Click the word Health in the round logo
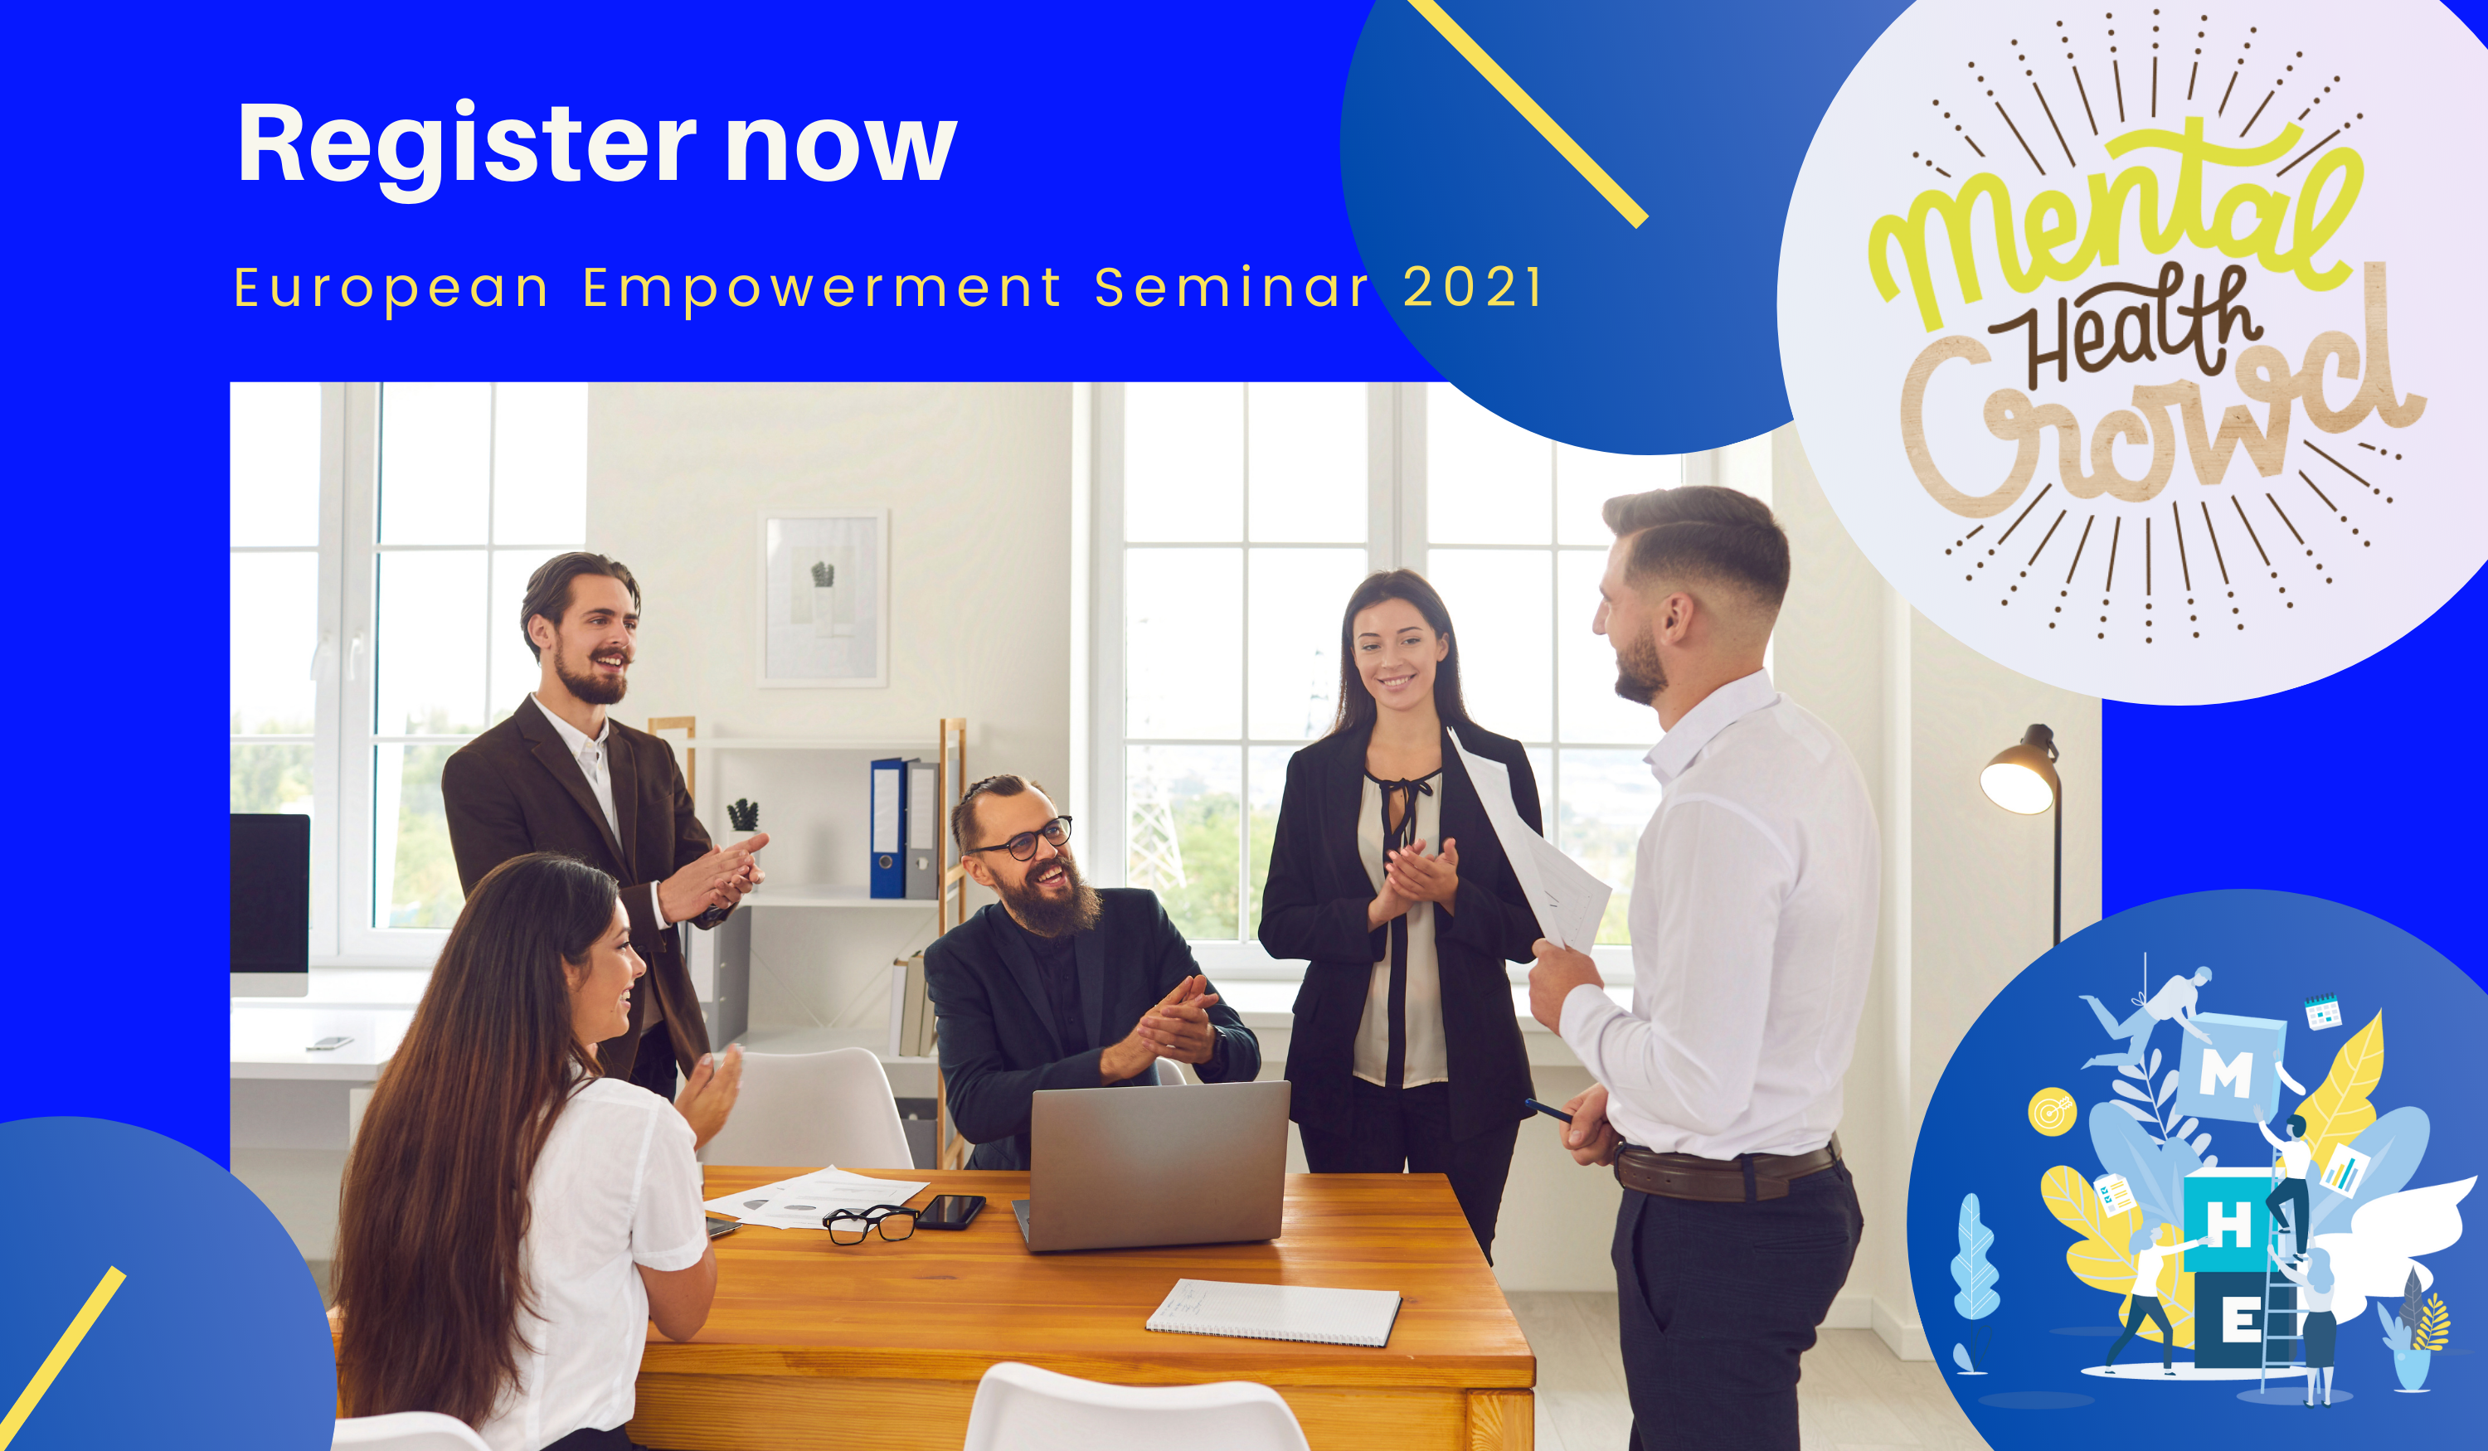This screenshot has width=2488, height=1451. click(x=2123, y=327)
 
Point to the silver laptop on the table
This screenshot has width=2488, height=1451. click(x=1155, y=1166)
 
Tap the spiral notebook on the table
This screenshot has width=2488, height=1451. click(x=1274, y=1312)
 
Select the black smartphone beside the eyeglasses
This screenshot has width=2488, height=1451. click(x=950, y=1211)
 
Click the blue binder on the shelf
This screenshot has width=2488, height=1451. click(x=887, y=828)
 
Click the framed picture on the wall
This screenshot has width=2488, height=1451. click(x=823, y=598)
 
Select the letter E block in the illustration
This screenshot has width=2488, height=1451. click(x=2239, y=1320)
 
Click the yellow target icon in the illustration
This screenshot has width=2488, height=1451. click(x=2052, y=1113)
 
